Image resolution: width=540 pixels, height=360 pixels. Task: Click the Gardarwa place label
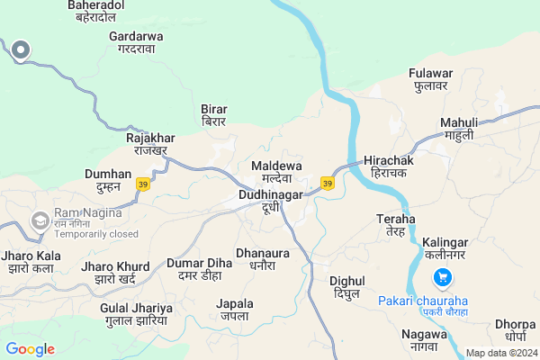(x=136, y=42)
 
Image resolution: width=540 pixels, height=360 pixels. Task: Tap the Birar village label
(x=214, y=115)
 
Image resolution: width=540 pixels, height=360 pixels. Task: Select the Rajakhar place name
(x=150, y=144)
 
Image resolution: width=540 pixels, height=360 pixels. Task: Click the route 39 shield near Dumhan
(x=142, y=184)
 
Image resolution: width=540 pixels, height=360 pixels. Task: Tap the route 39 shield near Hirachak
(x=327, y=184)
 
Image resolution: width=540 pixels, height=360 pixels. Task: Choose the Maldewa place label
(x=276, y=172)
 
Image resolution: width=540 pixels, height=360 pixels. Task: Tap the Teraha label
(x=396, y=225)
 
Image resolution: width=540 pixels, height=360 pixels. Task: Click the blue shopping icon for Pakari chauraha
(x=442, y=277)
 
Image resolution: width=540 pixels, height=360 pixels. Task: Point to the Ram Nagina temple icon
(x=40, y=220)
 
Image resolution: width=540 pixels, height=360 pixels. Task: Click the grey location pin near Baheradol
(x=20, y=49)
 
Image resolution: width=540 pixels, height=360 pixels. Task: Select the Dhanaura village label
(x=263, y=259)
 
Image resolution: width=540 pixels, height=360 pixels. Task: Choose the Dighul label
(x=346, y=288)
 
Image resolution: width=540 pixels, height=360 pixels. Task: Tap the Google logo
(x=31, y=349)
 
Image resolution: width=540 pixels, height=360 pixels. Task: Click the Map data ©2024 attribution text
(x=500, y=353)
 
